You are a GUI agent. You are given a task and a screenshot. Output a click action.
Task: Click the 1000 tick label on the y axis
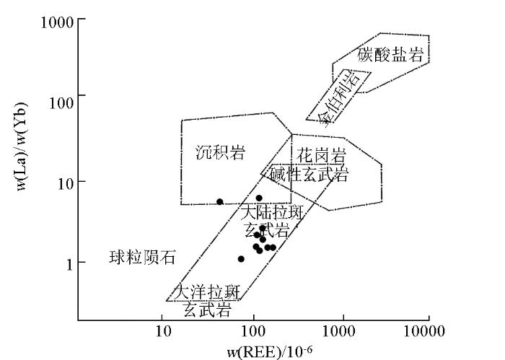(x=57, y=22)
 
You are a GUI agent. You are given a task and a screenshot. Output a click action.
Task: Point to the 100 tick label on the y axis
(x=61, y=102)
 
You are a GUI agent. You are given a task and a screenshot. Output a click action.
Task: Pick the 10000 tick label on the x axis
(x=424, y=331)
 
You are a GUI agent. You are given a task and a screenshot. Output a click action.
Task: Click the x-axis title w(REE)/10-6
(x=270, y=353)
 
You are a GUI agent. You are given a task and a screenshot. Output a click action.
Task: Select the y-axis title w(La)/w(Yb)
(x=22, y=146)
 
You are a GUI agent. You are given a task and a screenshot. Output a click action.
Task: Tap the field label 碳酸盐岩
(x=390, y=54)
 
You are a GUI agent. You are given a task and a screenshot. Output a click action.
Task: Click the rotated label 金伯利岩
(x=338, y=97)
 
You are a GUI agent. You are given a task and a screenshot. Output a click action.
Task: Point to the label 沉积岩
(x=221, y=152)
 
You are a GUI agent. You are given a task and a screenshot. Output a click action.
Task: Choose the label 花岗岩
(x=321, y=156)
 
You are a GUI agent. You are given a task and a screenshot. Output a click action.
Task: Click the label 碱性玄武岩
(x=309, y=174)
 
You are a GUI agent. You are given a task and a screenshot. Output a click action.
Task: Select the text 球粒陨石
(x=142, y=258)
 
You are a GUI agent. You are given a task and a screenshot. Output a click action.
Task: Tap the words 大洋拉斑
(x=207, y=292)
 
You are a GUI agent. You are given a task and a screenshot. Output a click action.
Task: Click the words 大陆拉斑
(x=272, y=213)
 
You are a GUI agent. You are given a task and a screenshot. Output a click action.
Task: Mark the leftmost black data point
(x=219, y=202)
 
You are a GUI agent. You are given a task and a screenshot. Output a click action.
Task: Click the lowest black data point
(x=241, y=259)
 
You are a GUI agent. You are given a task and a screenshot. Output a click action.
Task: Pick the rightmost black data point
(x=273, y=247)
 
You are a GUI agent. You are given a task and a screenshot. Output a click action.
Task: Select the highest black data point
(x=259, y=198)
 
